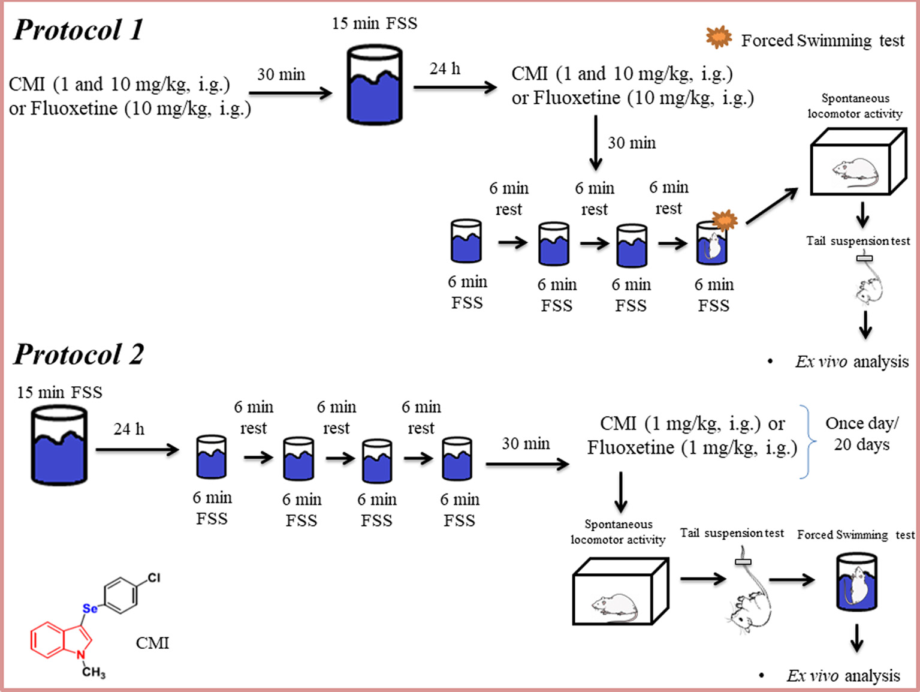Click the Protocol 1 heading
[x=79, y=30]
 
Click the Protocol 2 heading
[x=79, y=354]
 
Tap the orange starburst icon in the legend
[x=719, y=38]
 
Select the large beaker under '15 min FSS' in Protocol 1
[x=375, y=85]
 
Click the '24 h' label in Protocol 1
[x=445, y=69]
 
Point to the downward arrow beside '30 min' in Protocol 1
[x=595, y=143]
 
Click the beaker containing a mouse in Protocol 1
[x=712, y=243]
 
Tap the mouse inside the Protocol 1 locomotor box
[x=856, y=172]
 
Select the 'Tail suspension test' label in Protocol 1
[x=858, y=241]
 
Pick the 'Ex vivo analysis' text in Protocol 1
[x=852, y=362]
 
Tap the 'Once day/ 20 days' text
[x=862, y=434]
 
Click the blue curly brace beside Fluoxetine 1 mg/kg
[x=809, y=442]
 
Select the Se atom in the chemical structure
[x=90, y=608]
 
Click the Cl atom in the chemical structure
[x=154, y=577]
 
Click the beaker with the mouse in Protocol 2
[x=856, y=582]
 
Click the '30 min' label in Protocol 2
[x=526, y=444]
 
